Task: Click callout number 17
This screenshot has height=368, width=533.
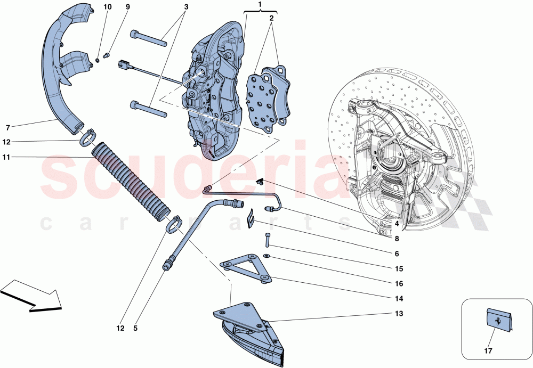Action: point(488,351)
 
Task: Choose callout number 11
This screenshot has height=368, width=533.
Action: point(7,157)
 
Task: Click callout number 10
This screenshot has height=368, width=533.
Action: point(108,7)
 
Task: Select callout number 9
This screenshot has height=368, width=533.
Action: point(127,7)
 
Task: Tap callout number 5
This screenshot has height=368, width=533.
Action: point(135,329)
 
